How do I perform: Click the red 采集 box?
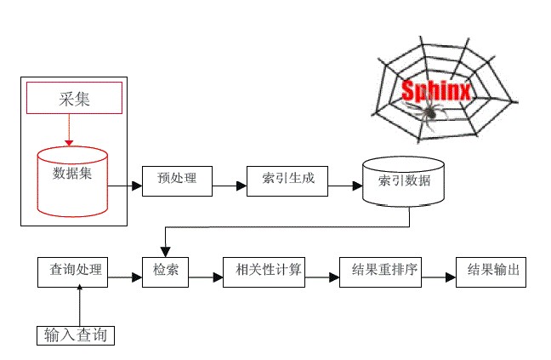pos(74,98)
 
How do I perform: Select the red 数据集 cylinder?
pos(72,180)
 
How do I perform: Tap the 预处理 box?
pos(176,178)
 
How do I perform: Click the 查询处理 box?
pos(76,271)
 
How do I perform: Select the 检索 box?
pos(165,271)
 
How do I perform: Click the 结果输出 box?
pos(492,271)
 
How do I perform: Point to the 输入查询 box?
pos(76,334)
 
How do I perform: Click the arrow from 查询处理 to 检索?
pos(124,276)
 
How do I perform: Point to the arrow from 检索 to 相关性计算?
pos(206,276)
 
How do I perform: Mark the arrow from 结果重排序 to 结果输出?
pos(439,276)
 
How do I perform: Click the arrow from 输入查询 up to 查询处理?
pos(80,306)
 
